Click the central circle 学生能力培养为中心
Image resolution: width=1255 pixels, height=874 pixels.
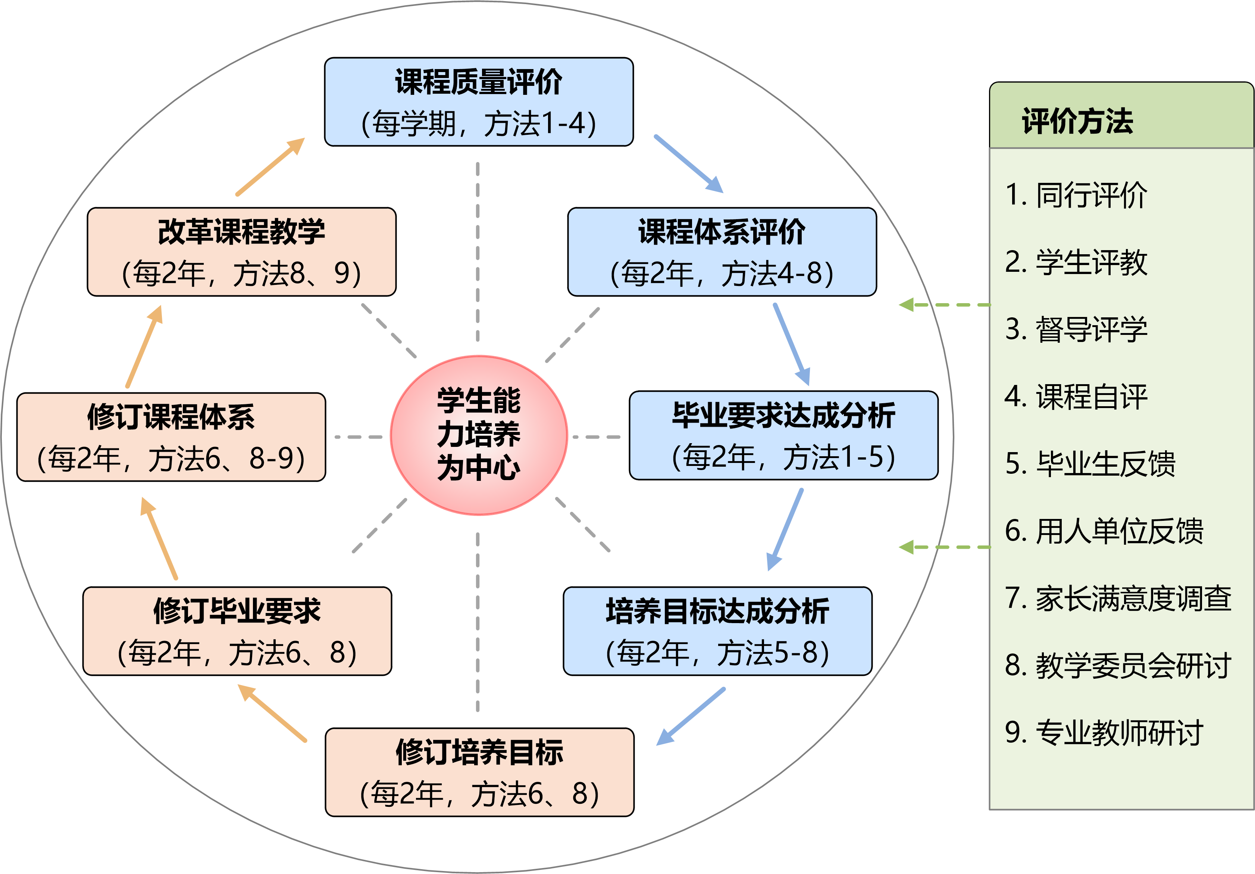(479, 435)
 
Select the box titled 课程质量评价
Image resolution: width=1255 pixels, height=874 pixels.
(479, 102)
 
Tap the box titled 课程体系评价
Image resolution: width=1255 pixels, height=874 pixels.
(722, 252)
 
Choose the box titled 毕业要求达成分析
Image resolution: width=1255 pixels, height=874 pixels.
(783, 435)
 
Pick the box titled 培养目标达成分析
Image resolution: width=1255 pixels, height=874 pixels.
(717, 631)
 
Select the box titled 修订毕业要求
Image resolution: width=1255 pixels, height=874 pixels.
(237, 631)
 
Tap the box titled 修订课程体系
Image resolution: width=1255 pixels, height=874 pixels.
(171, 437)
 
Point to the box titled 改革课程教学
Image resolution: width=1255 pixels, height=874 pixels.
(242, 252)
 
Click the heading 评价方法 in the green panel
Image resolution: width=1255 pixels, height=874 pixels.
(1077, 121)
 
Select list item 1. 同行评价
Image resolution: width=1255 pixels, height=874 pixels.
(1075, 195)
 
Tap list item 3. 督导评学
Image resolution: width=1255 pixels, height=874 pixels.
(1075, 329)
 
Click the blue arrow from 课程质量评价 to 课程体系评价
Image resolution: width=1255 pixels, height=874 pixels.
(689, 164)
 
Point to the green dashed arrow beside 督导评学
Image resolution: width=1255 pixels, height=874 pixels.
(945, 305)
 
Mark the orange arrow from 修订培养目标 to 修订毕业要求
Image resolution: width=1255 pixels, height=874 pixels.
(272, 713)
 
